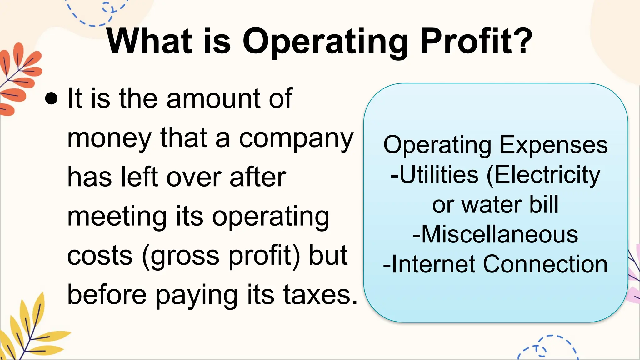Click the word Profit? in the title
click(x=476, y=42)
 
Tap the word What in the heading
click(x=149, y=42)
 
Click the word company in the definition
click(x=296, y=138)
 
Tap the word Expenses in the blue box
click(x=554, y=145)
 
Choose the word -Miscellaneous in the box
click(x=495, y=234)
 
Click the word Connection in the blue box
click(x=545, y=264)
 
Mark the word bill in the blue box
click(x=544, y=204)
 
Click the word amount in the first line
click(x=213, y=99)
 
